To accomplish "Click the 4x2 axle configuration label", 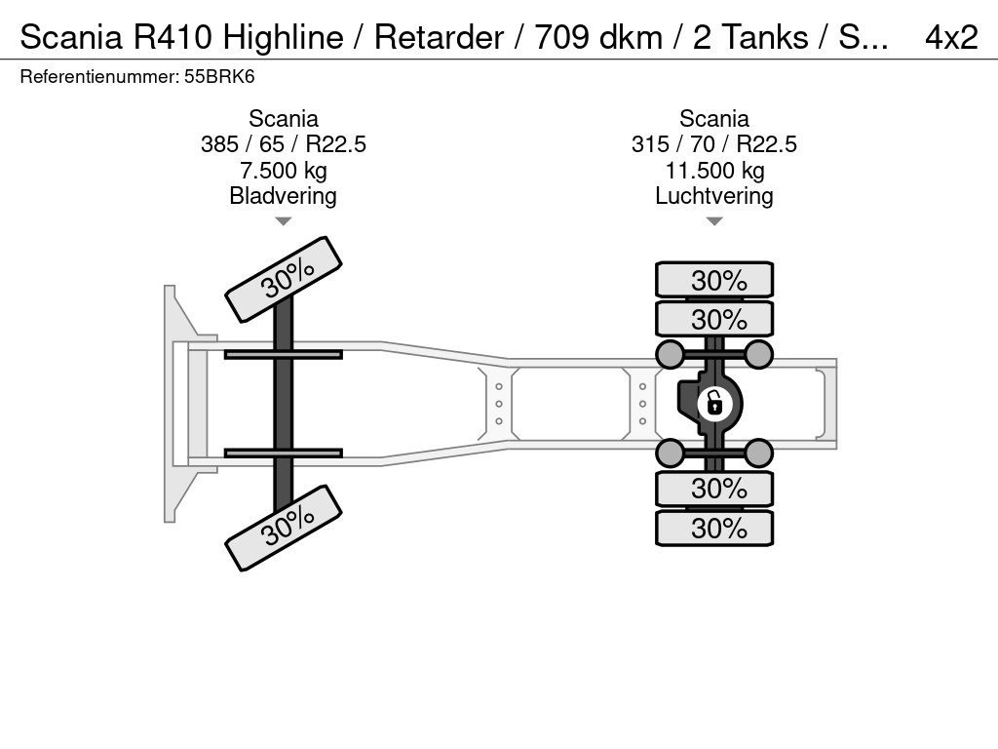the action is (951, 37).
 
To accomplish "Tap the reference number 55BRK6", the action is (219, 77).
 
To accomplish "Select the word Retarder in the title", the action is (439, 37).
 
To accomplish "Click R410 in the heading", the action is (173, 37).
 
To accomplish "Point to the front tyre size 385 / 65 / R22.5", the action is (284, 144).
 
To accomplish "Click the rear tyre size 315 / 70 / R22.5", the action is (714, 144).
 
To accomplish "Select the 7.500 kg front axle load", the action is (284, 171).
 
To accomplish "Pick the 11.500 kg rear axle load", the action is (714, 171).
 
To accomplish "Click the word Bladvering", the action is (284, 196).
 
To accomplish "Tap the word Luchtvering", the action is (714, 196).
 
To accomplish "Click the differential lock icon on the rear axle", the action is (714, 404).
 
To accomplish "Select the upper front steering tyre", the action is (284, 280).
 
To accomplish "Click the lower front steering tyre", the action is (284, 528).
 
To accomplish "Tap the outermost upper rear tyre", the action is (714, 280).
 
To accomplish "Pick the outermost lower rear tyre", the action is (714, 528).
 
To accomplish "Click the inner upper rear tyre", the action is (714, 319).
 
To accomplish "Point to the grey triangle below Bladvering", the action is (284, 221).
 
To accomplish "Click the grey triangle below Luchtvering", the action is (714, 221).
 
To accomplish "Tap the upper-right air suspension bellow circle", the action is (758, 354).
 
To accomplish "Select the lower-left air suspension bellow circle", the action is (671, 453).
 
